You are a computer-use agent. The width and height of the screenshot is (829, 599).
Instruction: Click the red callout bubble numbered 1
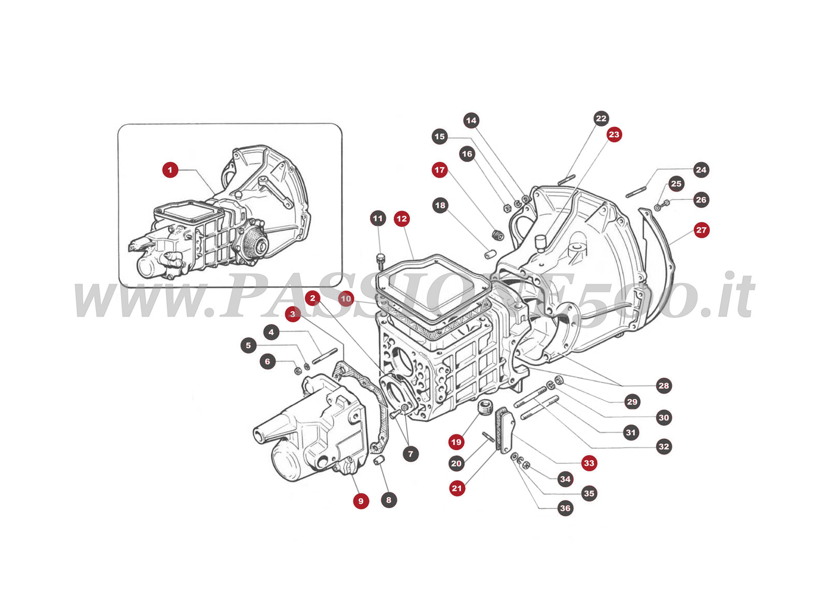[170, 170]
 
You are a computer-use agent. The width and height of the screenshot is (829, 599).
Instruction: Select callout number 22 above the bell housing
[601, 119]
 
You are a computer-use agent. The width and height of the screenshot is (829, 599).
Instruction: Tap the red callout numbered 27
[701, 230]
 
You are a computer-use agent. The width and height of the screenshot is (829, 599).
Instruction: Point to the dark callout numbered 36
[565, 508]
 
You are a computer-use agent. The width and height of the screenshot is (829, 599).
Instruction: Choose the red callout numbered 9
[361, 501]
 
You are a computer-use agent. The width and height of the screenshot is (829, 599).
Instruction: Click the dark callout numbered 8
[389, 500]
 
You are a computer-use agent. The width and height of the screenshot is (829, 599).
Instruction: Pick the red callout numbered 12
[402, 219]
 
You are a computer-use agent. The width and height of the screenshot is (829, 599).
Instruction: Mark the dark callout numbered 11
[378, 218]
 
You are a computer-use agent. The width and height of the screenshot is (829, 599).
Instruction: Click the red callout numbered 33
[589, 463]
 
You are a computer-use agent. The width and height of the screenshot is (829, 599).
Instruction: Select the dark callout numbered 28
[664, 386]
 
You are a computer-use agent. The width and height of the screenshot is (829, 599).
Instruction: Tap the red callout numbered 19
[456, 442]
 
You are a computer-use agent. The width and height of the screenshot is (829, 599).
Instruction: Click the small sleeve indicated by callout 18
[491, 254]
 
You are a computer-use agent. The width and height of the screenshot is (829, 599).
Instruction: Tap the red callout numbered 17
[439, 170]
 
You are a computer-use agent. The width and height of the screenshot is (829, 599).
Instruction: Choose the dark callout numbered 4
[271, 332]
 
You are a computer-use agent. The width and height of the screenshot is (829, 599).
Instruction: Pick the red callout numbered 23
[613, 135]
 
